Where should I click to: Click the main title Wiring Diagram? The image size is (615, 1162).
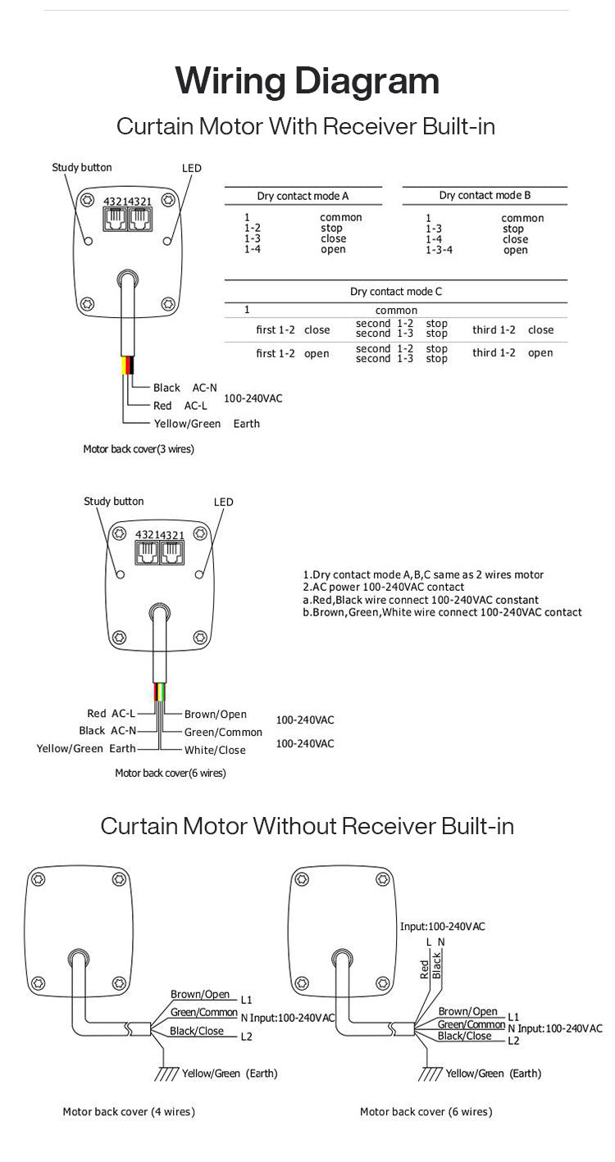pos(307,82)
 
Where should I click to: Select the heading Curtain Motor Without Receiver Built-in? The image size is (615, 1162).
pos(307,825)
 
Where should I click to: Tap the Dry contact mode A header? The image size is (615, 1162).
pos(303,196)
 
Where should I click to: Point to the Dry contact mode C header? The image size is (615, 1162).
pos(395,291)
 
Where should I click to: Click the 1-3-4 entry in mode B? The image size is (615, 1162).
pos(439,250)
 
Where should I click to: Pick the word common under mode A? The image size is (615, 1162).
pos(340,217)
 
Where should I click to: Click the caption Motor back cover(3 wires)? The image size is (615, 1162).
pos(139,449)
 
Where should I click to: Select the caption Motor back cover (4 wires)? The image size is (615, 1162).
pos(129,1112)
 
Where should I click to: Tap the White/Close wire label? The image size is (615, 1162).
pos(215,750)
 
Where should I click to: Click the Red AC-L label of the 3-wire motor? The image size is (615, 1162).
pos(174,406)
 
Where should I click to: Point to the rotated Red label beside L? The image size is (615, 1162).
pos(424,969)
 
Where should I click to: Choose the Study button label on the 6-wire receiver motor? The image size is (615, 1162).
pos(113,502)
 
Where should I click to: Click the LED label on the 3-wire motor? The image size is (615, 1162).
pos(191,168)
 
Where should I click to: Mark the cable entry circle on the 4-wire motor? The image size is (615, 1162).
pos(77,960)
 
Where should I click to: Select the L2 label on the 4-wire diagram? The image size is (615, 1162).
pos(247,1037)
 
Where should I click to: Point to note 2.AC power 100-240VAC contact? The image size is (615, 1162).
pos(383,587)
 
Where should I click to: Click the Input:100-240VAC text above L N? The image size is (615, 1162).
pos(442,926)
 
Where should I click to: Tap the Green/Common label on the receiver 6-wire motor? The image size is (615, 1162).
pos(223,732)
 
